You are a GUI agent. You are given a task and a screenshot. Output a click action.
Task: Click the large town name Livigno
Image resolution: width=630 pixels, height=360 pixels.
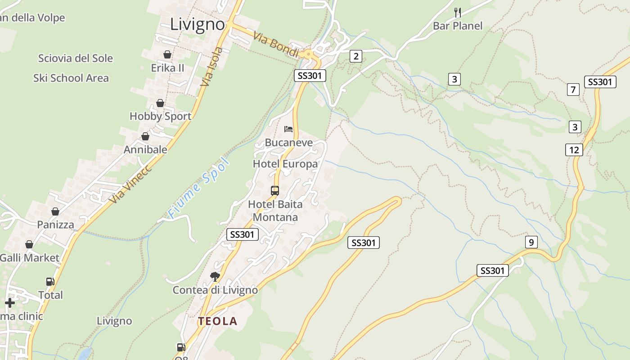coord(198,24)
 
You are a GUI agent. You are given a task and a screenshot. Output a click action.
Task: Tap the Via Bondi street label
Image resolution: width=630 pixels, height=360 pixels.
coord(276,44)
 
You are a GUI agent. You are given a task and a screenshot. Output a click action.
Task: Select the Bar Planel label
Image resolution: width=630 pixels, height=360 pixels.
coord(458,26)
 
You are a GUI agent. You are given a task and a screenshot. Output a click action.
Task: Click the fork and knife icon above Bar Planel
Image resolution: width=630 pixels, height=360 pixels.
coord(458,12)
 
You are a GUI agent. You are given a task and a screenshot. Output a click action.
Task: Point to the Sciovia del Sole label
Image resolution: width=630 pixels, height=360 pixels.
coord(76,58)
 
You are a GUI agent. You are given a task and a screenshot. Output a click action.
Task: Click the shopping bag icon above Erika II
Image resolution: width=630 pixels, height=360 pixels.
coord(167,54)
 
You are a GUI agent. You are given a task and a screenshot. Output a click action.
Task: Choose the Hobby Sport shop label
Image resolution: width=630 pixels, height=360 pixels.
coord(160,116)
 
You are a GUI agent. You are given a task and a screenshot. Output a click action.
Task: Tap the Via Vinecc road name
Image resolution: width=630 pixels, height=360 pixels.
coord(130,184)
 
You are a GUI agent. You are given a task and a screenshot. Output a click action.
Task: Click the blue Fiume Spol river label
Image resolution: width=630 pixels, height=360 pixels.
coord(198,188)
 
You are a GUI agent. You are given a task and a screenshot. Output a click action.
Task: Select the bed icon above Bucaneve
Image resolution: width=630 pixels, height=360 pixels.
coord(288,129)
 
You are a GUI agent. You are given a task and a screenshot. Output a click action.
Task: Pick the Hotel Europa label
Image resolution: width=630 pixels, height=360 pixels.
coord(285,164)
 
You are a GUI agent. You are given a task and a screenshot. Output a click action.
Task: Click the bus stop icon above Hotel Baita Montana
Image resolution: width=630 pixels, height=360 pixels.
coord(275,190)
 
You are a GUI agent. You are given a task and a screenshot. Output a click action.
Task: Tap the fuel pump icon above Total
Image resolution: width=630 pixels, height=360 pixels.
coord(50,282)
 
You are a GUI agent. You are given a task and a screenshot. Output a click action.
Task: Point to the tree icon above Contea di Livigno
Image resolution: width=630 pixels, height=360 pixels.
coord(215,276)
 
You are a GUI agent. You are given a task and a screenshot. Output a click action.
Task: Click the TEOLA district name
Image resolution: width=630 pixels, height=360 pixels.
coord(218,321)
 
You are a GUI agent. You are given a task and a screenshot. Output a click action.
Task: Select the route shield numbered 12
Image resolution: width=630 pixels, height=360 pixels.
coord(574,149)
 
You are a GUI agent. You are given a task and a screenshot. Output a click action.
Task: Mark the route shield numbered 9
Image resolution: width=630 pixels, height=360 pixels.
coord(531,243)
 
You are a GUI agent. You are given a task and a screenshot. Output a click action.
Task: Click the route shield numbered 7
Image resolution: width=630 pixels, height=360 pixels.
coord(573,90)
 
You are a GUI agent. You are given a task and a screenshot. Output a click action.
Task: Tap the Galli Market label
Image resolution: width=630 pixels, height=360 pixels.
coord(30,258)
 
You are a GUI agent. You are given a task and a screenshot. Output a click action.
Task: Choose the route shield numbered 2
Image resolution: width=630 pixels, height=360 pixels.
coord(356,56)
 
